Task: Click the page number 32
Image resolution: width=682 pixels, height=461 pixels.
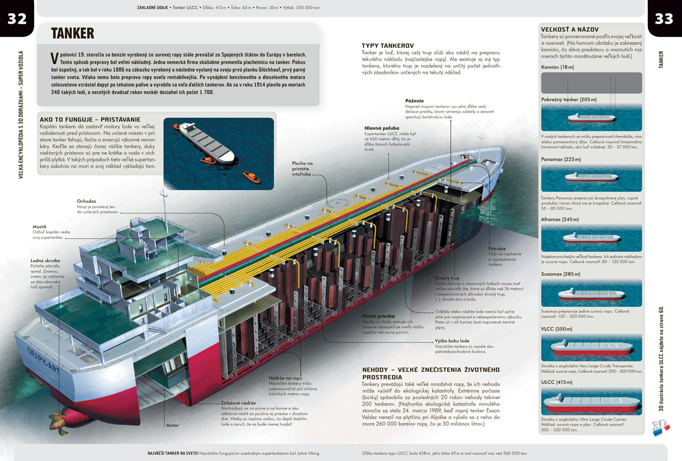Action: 17,18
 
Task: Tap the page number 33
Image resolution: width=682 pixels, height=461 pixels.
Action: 664,18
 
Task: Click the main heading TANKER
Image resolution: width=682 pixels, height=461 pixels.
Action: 72,33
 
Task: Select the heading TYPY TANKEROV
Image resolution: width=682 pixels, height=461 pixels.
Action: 388,46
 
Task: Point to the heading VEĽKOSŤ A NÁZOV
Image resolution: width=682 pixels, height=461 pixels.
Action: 569,29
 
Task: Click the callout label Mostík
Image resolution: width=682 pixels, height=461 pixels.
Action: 39,226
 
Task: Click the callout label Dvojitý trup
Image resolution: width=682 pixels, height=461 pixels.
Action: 447,278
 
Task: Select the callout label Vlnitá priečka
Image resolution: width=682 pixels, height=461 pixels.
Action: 379,316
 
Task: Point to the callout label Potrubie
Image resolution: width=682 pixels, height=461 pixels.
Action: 497,248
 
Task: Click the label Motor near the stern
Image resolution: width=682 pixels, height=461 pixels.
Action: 173,425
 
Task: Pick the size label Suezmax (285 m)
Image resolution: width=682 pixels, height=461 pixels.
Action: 560,274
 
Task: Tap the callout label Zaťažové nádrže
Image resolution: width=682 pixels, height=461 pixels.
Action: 238,403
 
